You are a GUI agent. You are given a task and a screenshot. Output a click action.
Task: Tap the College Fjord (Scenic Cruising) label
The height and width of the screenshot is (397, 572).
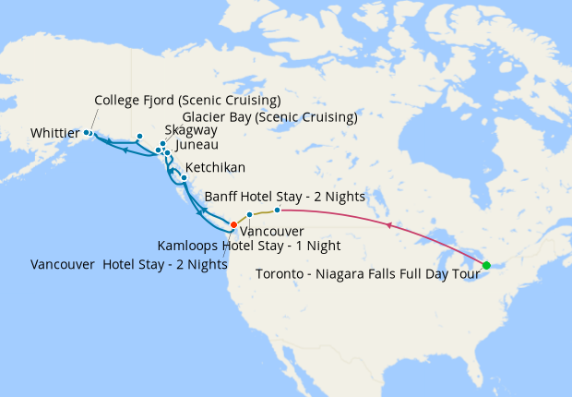point(187,100)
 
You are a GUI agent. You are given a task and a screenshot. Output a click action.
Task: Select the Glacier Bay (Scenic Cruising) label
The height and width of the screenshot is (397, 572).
point(269,117)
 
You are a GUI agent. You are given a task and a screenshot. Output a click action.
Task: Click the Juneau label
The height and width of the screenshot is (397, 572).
point(196,145)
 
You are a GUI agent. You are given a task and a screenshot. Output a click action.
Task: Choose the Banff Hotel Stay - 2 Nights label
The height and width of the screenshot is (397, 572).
point(285,197)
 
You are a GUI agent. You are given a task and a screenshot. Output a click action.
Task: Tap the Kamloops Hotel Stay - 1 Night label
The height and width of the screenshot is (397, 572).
point(249,247)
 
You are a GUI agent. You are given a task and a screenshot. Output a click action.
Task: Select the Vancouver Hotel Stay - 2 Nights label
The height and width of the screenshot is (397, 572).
point(129,264)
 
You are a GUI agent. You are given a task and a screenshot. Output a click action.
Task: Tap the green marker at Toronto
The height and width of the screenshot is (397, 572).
point(486,266)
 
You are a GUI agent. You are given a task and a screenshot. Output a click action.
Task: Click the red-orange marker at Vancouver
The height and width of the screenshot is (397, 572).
point(233,224)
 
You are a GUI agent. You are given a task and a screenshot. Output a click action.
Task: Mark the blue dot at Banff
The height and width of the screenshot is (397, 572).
point(277,211)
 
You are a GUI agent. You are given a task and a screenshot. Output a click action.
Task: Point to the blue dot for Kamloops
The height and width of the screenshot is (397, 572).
point(250,215)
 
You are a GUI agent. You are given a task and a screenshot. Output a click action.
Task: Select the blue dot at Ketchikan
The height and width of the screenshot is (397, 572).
point(185,177)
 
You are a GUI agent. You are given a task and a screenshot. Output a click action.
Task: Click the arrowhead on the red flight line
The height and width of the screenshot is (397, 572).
point(389,225)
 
